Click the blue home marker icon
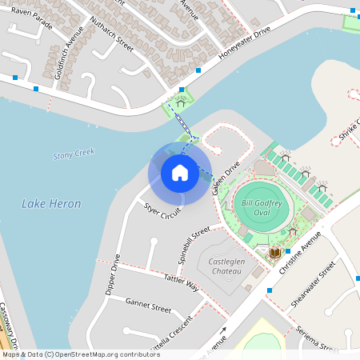tap(180, 172)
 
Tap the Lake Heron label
tap(51, 204)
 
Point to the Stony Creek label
tap(73, 154)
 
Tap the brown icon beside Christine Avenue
tap(274, 253)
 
